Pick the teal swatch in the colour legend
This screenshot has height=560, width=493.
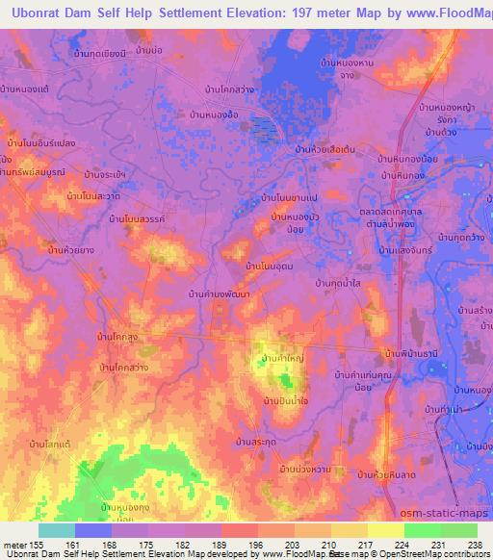point(56,529)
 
